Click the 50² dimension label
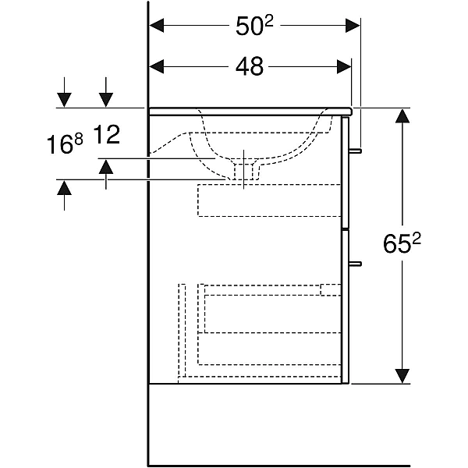[254, 26]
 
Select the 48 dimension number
[250, 66]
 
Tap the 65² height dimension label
[402, 243]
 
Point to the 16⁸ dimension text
[65, 144]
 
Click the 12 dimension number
[107, 135]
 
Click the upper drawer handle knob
[356, 151]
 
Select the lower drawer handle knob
[356, 264]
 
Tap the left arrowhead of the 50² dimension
[157, 26]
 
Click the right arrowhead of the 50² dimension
[353, 26]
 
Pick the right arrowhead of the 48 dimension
[344, 66]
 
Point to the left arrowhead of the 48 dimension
[157, 66]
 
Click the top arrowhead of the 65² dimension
[402, 115]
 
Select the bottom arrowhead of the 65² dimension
[402, 376]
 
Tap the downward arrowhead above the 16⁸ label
[64, 100]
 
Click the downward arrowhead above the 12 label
[106, 100]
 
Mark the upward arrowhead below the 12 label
[106, 166]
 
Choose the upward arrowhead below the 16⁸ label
[64, 188]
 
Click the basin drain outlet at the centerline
[243, 172]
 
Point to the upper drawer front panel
[345, 172]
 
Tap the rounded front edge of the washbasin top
[349, 112]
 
